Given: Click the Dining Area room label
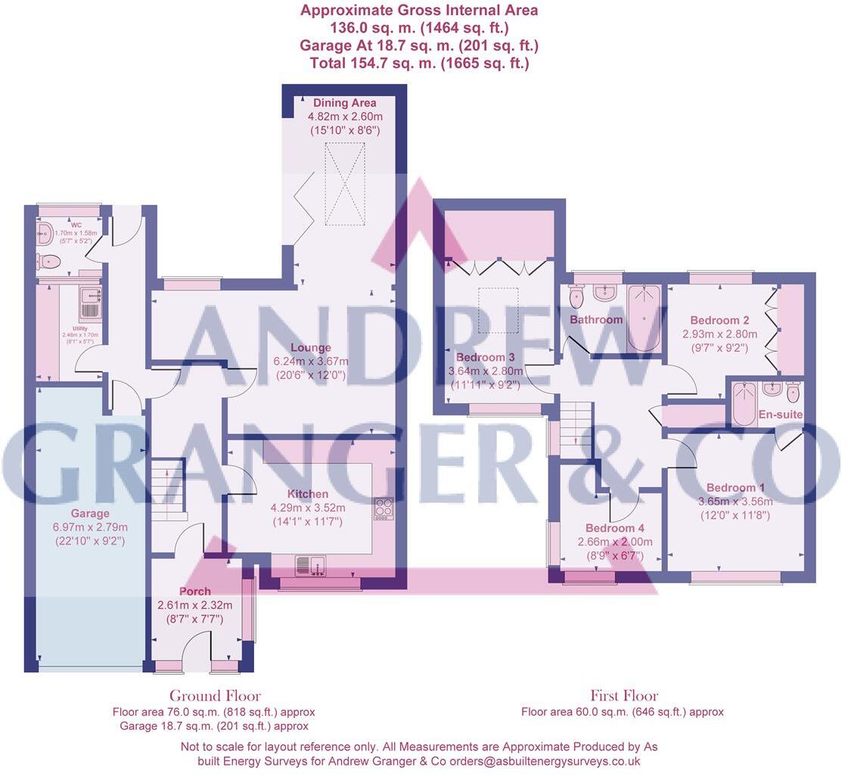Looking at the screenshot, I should (x=344, y=103).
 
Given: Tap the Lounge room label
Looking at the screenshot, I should (x=311, y=348).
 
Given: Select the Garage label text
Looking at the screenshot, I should (x=90, y=514).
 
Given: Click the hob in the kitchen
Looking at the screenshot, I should (x=384, y=508).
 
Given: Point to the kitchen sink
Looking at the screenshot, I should (x=310, y=564).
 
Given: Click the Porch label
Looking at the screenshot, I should (x=195, y=591).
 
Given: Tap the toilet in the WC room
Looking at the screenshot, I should (x=48, y=262).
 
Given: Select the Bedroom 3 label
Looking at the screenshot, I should (x=486, y=357).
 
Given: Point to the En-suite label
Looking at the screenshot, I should (x=780, y=414).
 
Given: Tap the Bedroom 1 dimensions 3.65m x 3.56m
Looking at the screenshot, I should (x=735, y=501).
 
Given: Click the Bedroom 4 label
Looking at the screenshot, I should (x=615, y=528).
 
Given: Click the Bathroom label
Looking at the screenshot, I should (x=596, y=320).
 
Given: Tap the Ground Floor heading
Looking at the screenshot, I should (x=215, y=696).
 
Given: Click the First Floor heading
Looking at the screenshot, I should (x=624, y=696).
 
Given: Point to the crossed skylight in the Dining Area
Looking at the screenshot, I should (x=344, y=183).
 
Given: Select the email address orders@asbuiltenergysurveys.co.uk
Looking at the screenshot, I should (x=545, y=762).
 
